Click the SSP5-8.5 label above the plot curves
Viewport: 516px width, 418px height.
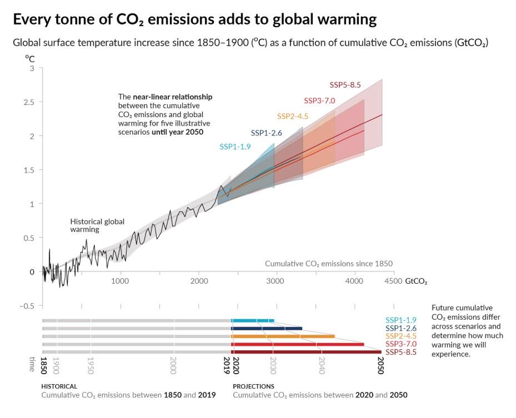coord(345,85)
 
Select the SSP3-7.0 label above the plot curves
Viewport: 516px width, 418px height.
coord(319,100)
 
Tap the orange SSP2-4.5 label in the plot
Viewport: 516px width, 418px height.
coord(293,117)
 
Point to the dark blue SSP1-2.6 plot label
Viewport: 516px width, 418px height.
coord(267,133)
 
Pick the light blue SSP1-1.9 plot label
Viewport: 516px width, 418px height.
coord(236,147)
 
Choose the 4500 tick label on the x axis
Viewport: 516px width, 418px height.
coord(393,281)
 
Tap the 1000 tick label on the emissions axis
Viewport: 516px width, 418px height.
coord(120,281)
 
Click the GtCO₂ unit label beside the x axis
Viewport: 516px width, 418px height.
coord(417,281)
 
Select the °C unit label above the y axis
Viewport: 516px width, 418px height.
coord(29,58)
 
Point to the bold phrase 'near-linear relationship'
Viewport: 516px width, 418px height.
coord(173,97)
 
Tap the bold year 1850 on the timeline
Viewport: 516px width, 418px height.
coord(43,366)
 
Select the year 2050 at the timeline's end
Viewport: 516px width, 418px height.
coord(380,366)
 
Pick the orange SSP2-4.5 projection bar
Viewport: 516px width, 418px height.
coord(283,336)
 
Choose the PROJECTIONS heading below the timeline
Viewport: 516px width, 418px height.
coord(253,386)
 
